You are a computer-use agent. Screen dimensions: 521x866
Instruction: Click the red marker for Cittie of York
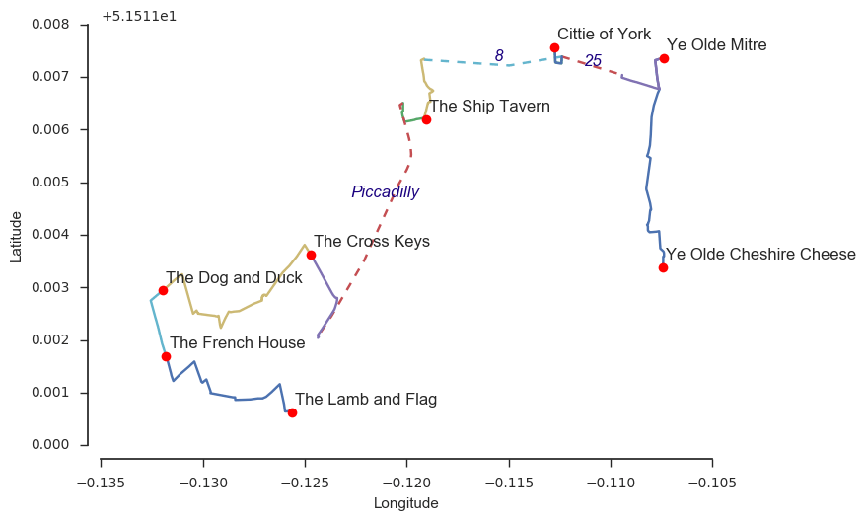(x=554, y=47)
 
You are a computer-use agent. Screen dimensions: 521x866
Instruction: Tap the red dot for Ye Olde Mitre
(x=664, y=58)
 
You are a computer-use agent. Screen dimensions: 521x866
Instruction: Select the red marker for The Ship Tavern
(x=426, y=119)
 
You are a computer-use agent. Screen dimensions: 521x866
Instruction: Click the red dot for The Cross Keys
(x=311, y=255)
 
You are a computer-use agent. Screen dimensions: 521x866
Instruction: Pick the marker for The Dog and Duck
(x=163, y=290)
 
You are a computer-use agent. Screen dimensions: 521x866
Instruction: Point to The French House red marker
(x=166, y=356)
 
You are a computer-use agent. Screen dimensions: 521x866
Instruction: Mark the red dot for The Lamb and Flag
(x=292, y=412)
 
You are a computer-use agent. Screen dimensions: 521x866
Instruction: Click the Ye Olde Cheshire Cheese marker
(x=663, y=267)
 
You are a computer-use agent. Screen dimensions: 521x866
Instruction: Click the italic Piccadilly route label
(x=385, y=192)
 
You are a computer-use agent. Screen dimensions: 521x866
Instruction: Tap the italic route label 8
(x=499, y=56)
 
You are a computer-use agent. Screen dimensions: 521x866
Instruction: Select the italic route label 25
(x=593, y=61)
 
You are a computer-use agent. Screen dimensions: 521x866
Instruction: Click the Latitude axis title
(x=16, y=235)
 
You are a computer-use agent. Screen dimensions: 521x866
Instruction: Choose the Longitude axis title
(x=405, y=503)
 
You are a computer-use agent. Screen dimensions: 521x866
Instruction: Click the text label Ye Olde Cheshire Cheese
(x=760, y=255)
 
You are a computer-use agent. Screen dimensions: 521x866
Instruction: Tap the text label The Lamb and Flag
(x=366, y=400)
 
